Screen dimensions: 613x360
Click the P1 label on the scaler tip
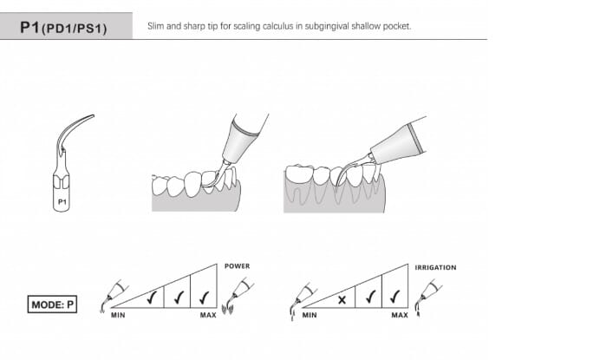pyautogui.click(x=62, y=202)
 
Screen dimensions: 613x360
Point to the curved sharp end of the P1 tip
pyautogui.click(x=93, y=115)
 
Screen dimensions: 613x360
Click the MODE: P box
pyautogui.click(x=52, y=304)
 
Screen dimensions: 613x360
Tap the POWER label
pyautogui.click(x=237, y=266)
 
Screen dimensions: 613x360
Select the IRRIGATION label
pyautogui.click(x=435, y=268)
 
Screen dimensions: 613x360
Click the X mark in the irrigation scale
pyautogui.click(x=342, y=300)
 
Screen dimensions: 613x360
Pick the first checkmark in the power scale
pyautogui.click(x=151, y=298)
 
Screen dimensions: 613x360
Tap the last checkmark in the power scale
pyautogui.click(x=204, y=298)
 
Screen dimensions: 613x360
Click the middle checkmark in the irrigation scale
pyautogui.click(x=369, y=298)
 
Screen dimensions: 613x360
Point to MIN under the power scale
pyautogui.click(x=118, y=315)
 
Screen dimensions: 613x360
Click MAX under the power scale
pyautogui.click(x=208, y=315)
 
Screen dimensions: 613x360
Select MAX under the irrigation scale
pyautogui.click(x=400, y=315)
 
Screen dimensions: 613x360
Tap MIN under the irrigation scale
pyautogui.click(x=310, y=315)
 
